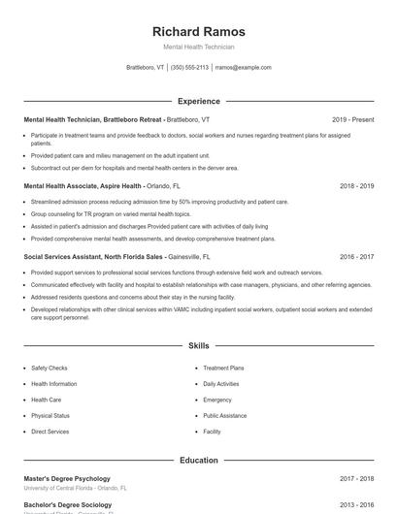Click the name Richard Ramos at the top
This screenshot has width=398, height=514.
[x=198, y=31]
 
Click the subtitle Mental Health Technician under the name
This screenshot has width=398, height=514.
[x=198, y=47]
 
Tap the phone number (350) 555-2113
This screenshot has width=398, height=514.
[x=189, y=68]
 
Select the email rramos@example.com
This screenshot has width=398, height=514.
[x=243, y=68]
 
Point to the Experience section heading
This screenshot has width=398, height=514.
[x=198, y=101]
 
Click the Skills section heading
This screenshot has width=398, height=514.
[x=198, y=345]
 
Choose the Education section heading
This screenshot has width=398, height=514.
[x=198, y=460]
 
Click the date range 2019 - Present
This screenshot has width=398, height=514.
[x=352, y=119]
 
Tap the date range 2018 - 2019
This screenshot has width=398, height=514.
[x=356, y=185]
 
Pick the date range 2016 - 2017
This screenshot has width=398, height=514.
[x=356, y=257]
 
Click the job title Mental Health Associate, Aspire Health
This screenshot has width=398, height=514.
[x=83, y=185]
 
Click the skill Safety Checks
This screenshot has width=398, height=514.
[x=49, y=369]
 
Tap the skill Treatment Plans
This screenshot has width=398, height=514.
[x=223, y=369]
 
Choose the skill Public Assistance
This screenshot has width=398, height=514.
[x=224, y=415]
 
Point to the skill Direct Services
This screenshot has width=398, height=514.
[x=50, y=431]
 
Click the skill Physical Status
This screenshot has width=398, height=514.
[x=50, y=415]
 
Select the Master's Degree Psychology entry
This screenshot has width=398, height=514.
[x=67, y=478]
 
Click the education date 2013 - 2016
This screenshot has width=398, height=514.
[x=356, y=505]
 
